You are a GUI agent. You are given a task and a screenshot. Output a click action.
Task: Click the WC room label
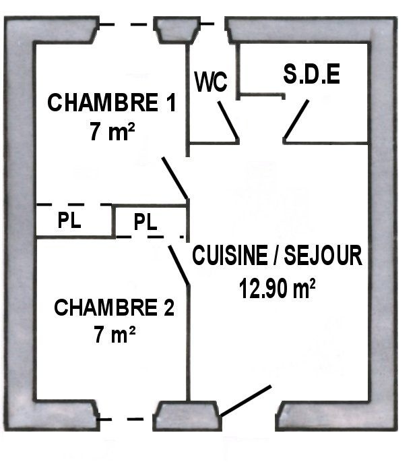[211, 82]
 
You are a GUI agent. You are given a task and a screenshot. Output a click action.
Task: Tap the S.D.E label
[312, 74]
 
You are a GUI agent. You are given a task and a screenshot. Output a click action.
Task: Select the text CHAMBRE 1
[112, 103]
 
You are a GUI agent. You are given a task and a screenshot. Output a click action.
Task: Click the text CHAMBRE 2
[114, 308]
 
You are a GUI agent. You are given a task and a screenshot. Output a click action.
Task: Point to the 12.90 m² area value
[277, 288]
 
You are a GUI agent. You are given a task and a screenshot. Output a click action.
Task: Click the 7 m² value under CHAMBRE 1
[112, 132]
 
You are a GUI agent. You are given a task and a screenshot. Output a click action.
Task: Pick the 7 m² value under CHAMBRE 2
[115, 334]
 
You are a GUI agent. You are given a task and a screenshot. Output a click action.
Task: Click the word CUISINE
[230, 255]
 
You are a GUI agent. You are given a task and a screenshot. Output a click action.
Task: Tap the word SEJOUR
[323, 255]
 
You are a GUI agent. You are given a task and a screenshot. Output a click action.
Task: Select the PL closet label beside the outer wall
[69, 220]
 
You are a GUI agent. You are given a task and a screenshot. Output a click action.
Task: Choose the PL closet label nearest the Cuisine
[146, 222]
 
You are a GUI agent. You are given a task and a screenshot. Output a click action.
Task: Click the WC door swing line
[228, 120]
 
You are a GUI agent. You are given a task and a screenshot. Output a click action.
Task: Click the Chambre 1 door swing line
[174, 178]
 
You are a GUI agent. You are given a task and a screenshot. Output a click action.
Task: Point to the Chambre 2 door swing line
[179, 265]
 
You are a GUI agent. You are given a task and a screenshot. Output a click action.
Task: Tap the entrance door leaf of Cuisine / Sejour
[246, 401]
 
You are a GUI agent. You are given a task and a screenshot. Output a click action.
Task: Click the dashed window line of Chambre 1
[127, 24]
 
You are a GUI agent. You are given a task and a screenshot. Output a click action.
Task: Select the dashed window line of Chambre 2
[126, 419]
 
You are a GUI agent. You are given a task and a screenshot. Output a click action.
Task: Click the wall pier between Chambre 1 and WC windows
[177, 30]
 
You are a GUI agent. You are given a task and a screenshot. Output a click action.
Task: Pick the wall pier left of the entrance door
[187, 415]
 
